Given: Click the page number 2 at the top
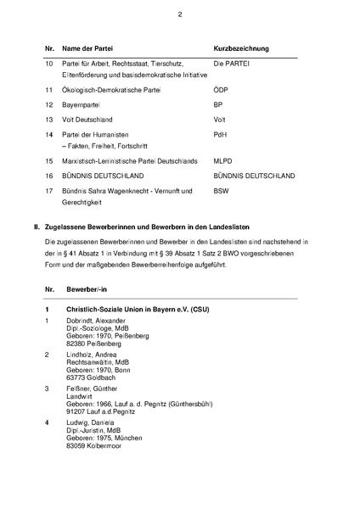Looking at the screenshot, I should point(180,14).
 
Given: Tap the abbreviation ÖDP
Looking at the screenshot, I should point(222,88).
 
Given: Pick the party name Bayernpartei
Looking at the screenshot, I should point(88,104).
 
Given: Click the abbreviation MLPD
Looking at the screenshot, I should point(225,159).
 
